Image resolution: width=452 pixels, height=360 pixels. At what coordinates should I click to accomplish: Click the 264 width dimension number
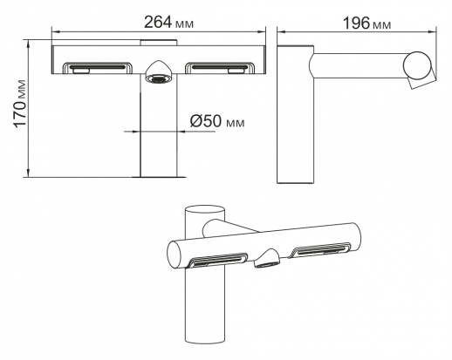coord(159,22)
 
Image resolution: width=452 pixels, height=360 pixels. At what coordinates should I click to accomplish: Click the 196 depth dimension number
coord(356,24)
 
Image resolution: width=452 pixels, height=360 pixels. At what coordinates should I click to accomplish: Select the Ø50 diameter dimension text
coord(217,121)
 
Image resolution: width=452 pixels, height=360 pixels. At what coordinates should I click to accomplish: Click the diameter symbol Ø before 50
coord(196,121)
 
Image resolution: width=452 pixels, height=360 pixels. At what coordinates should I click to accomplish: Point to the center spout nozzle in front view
coord(159,72)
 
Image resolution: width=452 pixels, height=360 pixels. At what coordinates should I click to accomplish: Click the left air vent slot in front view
coord(98,67)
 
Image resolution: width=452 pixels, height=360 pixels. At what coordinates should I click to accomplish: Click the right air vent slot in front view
coord(220,67)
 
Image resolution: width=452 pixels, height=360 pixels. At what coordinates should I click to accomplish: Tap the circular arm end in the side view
coord(417,65)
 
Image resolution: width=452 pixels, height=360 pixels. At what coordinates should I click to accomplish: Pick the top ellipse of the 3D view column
coord(205,211)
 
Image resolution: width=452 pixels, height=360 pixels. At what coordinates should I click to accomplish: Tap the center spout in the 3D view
coord(267,258)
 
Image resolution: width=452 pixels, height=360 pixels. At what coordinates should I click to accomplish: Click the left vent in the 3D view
coord(217,260)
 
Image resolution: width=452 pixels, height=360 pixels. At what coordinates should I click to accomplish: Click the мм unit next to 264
coord(184,24)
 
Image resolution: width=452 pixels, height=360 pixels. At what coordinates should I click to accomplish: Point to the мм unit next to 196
coord(382,25)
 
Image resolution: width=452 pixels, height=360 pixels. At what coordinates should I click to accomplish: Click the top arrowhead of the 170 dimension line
coord(28,44)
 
